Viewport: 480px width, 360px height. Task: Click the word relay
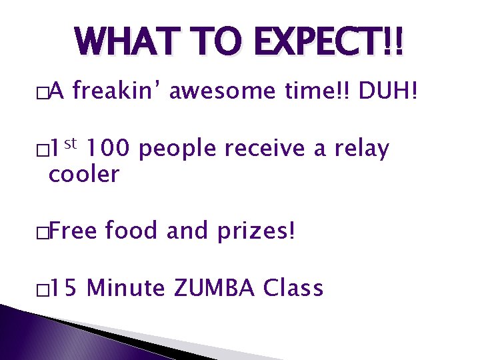pyautogui.click(x=363, y=149)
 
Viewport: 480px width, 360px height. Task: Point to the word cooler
pyautogui.click(x=83, y=175)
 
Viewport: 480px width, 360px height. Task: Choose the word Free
pyautogui.click(x=73, y=231)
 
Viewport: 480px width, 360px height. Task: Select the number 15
pyautogui.click(x=65, y=288)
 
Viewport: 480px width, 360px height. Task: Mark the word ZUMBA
pyautogui.click(x=215, y=288)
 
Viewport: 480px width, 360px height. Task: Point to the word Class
pyautogui.click(x=293, y=288)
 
